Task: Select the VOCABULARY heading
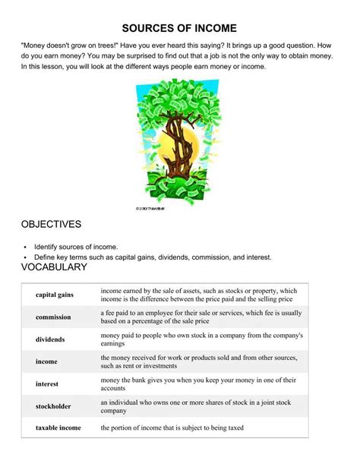click(x=55, y=267)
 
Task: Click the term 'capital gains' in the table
click(x=54, y=295)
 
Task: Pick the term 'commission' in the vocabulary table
click(x=53, y=317)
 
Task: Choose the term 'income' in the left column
click(x=46, y=362)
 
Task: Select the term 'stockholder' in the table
click(x=53, y=407)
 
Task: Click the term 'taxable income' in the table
click(x=58, y=428)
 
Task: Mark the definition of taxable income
click(x=172, y=428)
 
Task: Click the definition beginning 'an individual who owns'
click(x=199, y=407)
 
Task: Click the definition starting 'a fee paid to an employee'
click(x=201, y=317)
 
